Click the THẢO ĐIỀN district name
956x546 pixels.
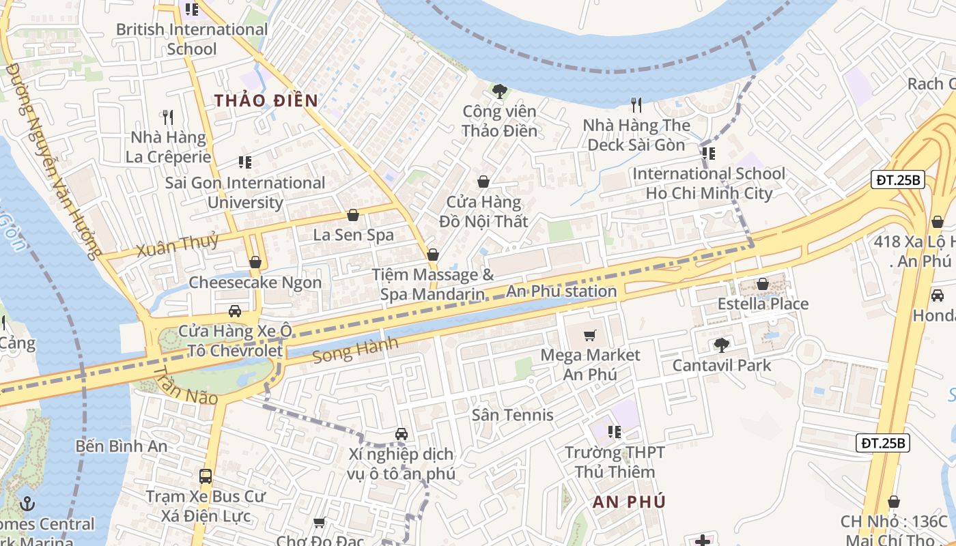pyautogui.click(x=266, y=101)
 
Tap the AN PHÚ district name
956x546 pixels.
pyautogui.click(x=629, y=502)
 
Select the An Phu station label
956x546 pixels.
pyautogui.click(x=561, y=291)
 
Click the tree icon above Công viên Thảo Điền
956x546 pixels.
pyautogui.click(x=500, y=91)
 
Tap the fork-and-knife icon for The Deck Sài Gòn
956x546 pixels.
pyautogui.click(x=636, y=104)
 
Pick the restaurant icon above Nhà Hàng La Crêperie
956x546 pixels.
pyautogui.click(x=168, y=117)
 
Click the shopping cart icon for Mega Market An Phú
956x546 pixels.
pyautogui.click(x=590, y=335)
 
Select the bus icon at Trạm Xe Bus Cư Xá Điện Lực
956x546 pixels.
pyautogui.click(x=206, y=476)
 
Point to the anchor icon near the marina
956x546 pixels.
pyautogui.click(x=27, y=504)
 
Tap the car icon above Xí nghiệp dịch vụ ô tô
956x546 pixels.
pyautogui.click(x=402, y=434)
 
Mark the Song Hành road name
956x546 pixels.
pyautogui.click(x=355, y=351)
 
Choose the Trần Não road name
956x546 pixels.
pyautogui.click(x=185, y=386)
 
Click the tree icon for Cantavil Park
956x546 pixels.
pyautogui.click(x=721, y=345)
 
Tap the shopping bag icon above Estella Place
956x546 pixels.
pyautogui.click(x=763, y=284)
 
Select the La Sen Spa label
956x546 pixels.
pyautogui.click(x=353, y=235)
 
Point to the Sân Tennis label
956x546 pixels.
pyautogui.click(x=512, y=415)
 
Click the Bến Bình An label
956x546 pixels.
pyautogui.click(x=122, y=446)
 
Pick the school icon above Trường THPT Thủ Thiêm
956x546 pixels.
pyautogui.click(x=615, y=432)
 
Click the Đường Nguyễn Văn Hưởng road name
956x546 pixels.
pyautogui.click(x=51, y=160)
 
